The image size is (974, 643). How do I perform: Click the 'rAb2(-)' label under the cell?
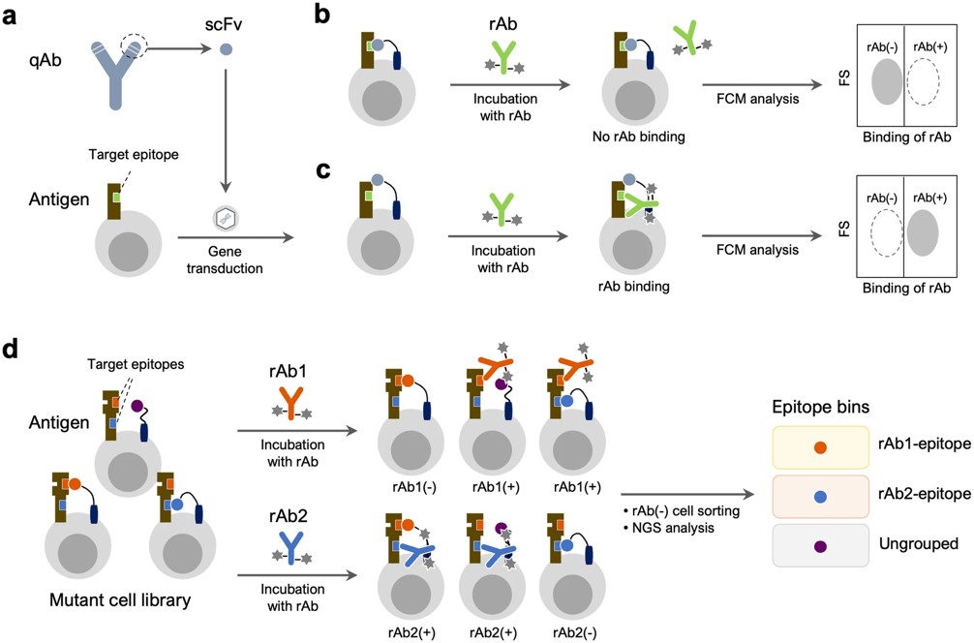coord(574,631)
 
